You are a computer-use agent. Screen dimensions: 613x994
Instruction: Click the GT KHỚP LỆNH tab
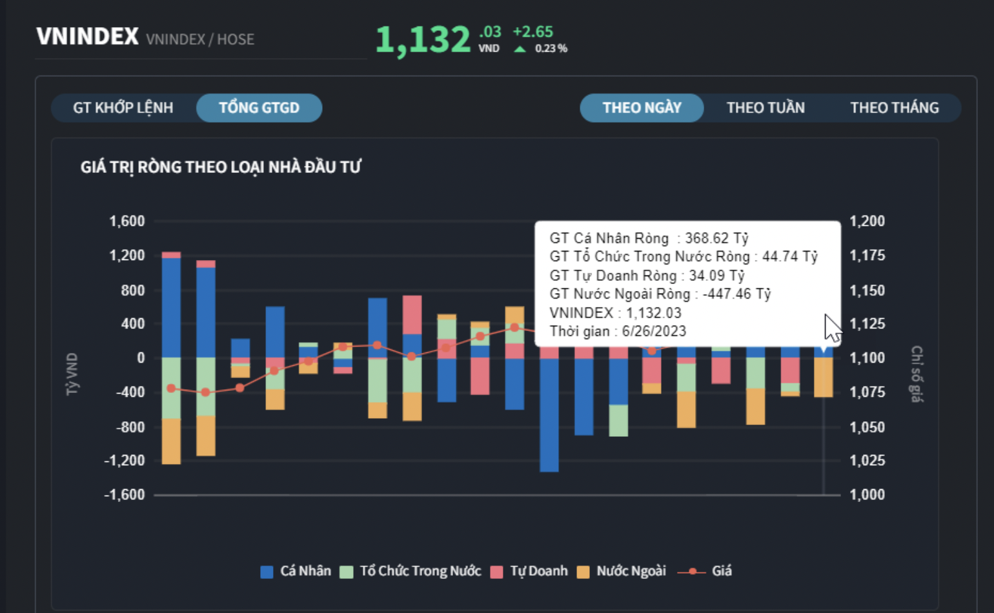pos(123,108)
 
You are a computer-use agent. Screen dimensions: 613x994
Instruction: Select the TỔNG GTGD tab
pos(259,108)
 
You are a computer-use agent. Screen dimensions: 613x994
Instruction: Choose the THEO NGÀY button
pos(642,108)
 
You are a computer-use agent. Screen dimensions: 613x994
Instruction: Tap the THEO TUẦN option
pos(766,108)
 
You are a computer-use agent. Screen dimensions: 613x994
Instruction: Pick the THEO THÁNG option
pos(894,108)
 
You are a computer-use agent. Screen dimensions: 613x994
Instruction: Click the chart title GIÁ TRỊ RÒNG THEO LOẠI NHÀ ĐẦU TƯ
pos(221,167)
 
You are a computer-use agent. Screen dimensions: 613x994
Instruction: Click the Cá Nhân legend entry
pos(296,571)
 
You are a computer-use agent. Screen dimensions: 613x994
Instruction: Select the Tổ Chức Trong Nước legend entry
pos(411,571)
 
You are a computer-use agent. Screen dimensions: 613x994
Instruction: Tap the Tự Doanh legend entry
pos(530,571)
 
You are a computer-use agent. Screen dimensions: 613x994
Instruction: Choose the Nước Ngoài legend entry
pos(622,571)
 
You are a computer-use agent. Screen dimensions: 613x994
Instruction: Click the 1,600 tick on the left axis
pos(127,221)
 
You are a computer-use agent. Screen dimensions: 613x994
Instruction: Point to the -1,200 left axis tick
pos(125,461)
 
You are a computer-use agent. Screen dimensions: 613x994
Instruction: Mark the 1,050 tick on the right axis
pos(867,427)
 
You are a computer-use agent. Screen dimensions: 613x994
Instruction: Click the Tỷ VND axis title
pos(72,374)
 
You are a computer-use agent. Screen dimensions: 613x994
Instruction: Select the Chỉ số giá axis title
pos(917,374)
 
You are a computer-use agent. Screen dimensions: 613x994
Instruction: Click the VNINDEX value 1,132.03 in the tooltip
pos(653,313)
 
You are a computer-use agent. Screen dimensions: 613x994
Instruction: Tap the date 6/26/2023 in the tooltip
pos(654,332)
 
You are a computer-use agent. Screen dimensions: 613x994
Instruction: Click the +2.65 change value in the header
pos(532,32)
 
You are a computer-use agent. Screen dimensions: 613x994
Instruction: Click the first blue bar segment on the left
pos(171,307)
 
